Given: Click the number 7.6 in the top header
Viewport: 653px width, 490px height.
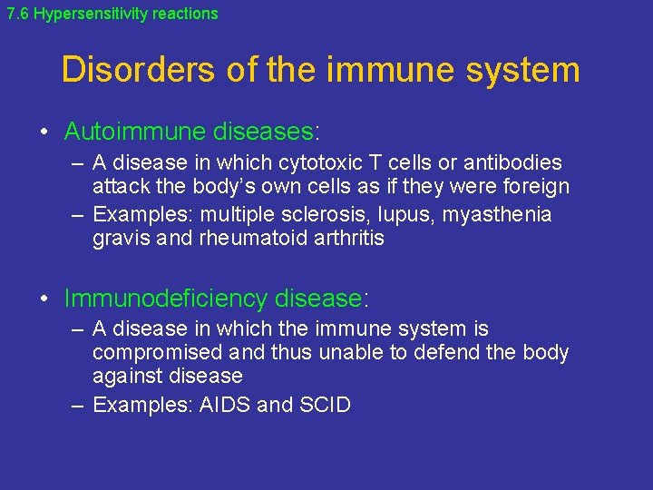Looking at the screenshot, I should [x=17, y=14].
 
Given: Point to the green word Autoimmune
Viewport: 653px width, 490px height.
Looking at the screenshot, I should [x=135, y=132].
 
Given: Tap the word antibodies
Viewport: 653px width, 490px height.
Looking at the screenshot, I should [x=510, y=163].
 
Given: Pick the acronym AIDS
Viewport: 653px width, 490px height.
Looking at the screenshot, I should [x=224, y=405].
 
